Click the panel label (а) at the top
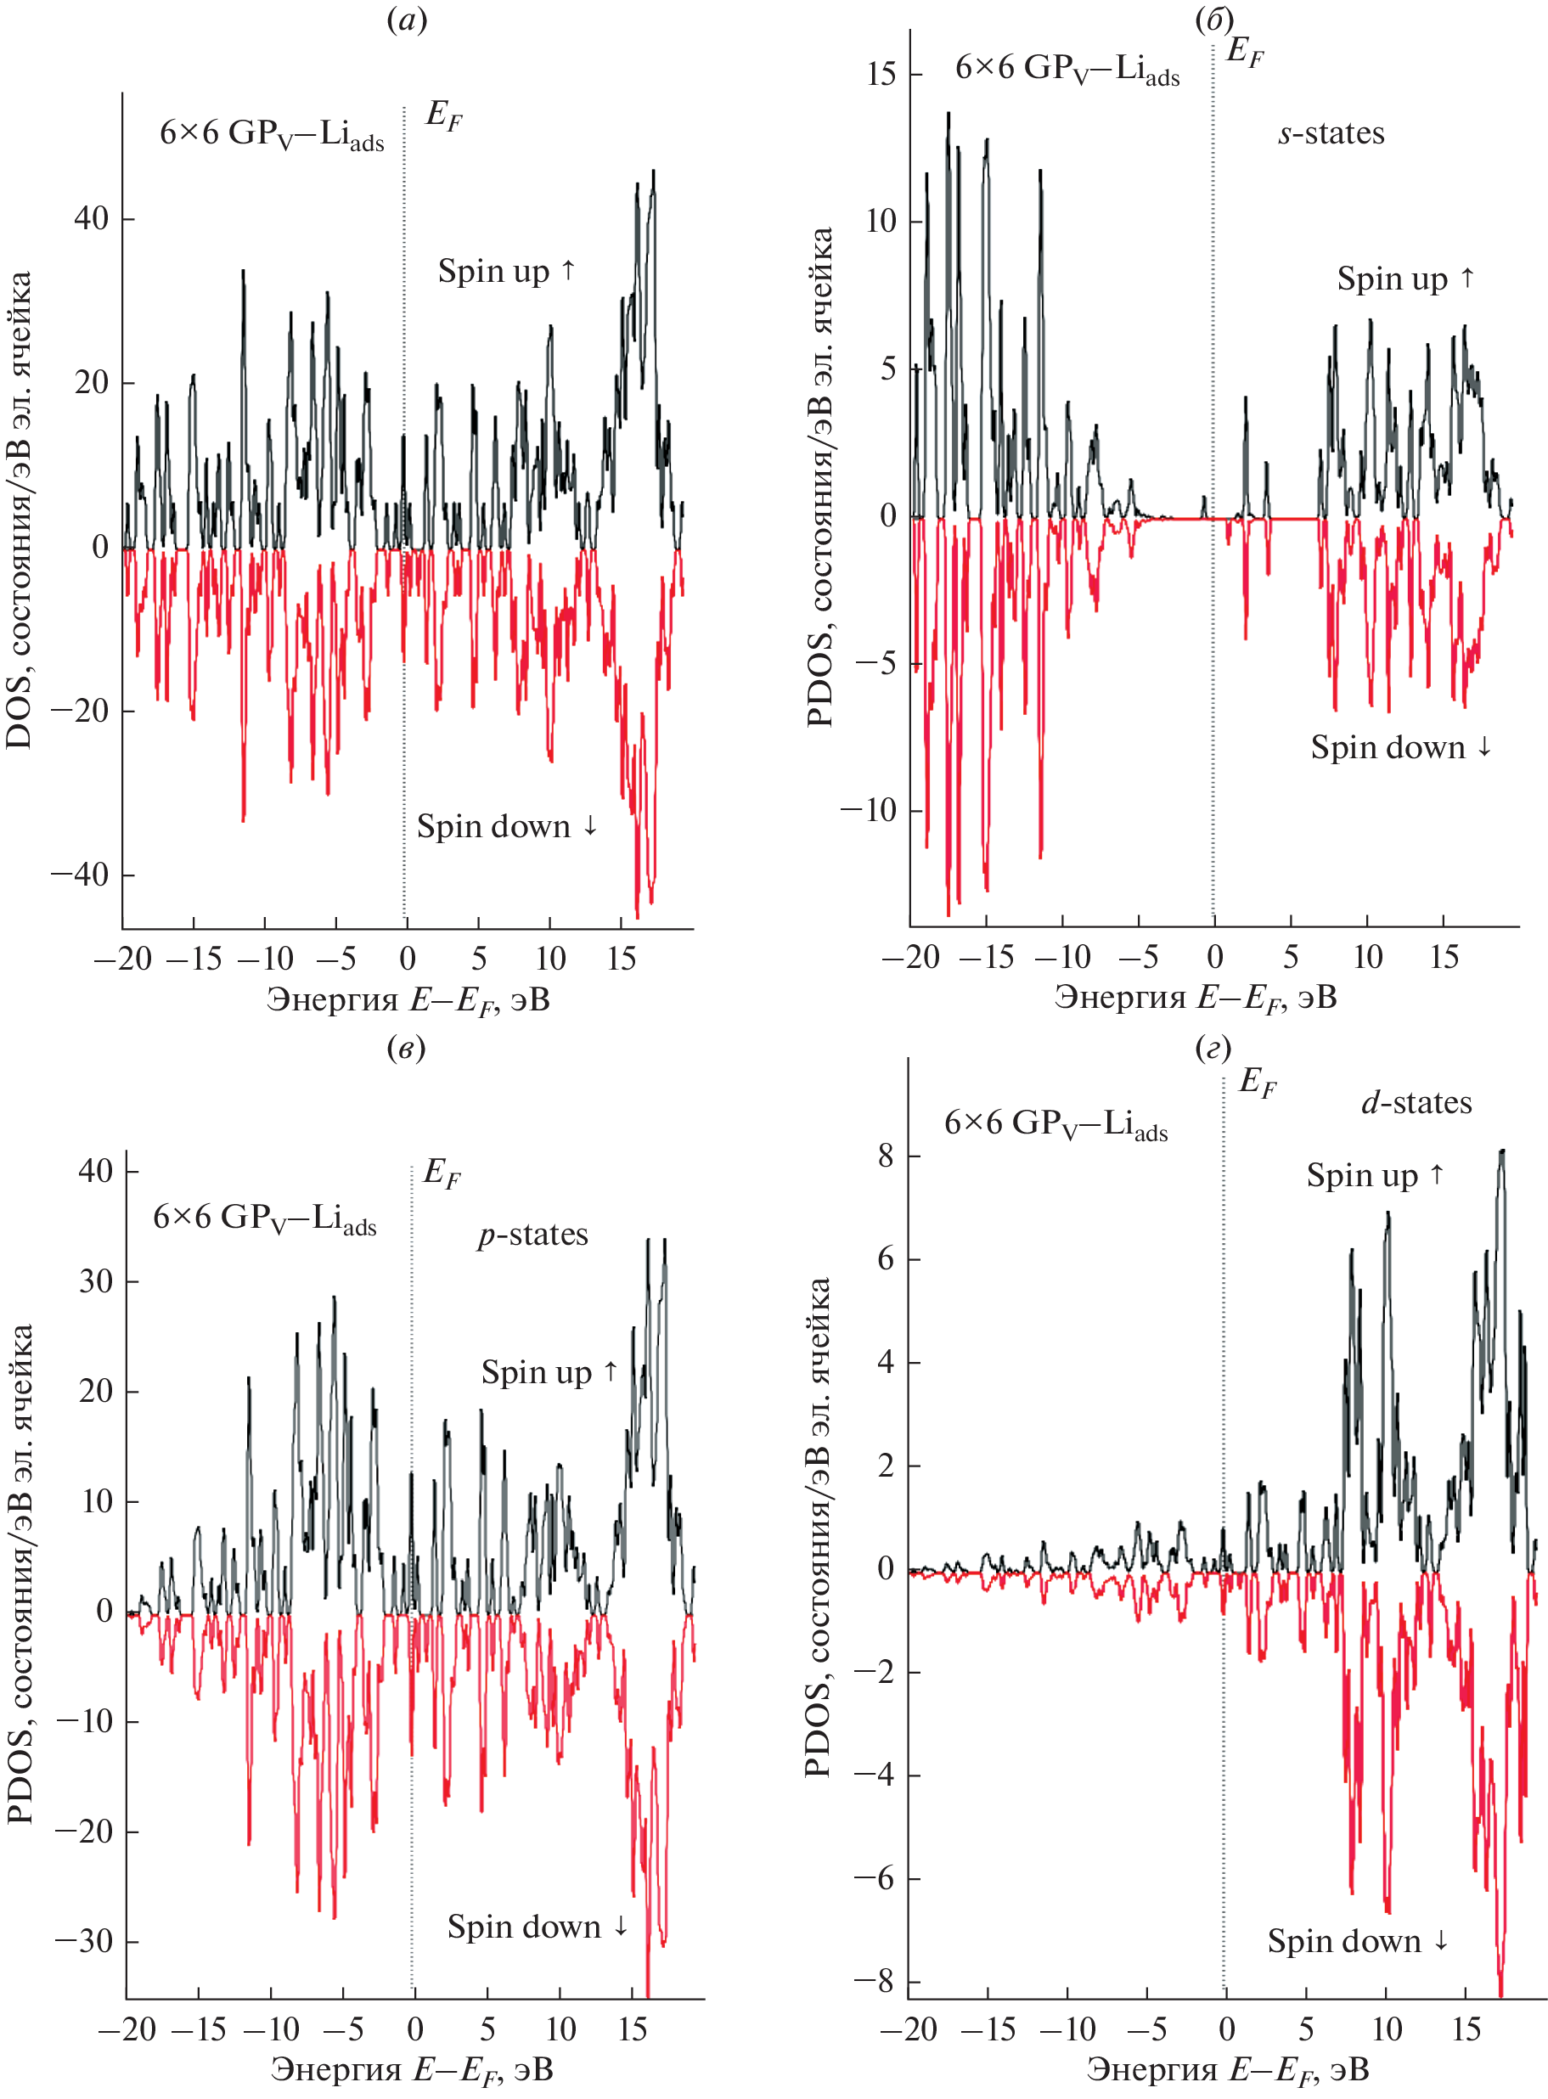[x=406, y=20]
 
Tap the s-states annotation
[x=1331, y=133]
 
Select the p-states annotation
[x=532, y=1235]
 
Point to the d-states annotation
[x=1416, y=1103]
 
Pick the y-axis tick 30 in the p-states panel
[x=97, y=1281]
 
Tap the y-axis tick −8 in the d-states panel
[x=873, y=1982]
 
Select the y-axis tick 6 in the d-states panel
[x=886, y=1258]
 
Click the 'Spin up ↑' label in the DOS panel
[x=506, y=271]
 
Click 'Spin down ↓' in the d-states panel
[x=1357, y=1940]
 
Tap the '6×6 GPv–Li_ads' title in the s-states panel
[x=1067, y=70]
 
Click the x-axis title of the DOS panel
[x=408, y=1000]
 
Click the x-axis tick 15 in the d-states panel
[x=1466, y=2029]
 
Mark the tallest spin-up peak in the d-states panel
[x=1501, y=1151]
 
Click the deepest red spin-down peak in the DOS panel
[x=638, y=915]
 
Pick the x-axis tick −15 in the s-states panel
[x=986, y=957]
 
